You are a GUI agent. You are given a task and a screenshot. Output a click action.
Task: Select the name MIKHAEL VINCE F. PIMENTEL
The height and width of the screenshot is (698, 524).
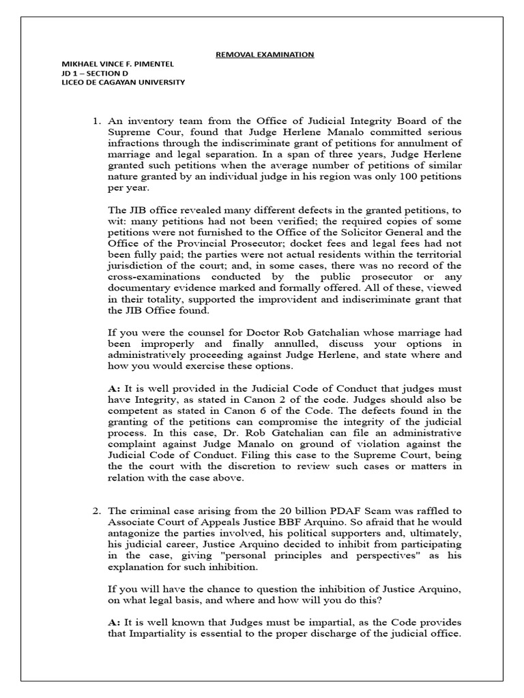coord(117,64)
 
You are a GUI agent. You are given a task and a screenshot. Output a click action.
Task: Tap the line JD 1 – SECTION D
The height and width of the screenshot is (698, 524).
coord(94,74)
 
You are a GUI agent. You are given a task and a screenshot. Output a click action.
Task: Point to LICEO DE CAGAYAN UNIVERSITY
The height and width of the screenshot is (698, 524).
coord(123,82)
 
